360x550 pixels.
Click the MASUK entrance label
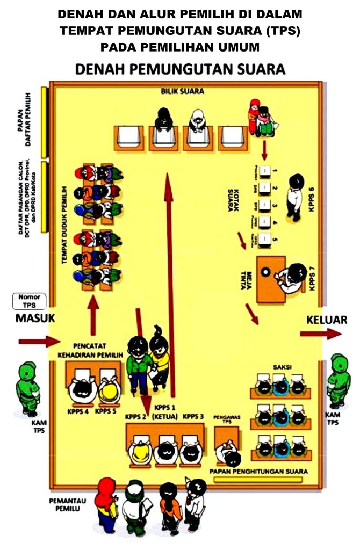coord(35,318)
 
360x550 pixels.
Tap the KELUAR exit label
coord(327,320)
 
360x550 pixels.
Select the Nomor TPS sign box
coord(29,301)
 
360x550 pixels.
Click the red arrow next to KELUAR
coord(320,334)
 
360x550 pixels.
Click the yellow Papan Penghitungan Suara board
coord(261,479)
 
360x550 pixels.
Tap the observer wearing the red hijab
coord(105,502)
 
